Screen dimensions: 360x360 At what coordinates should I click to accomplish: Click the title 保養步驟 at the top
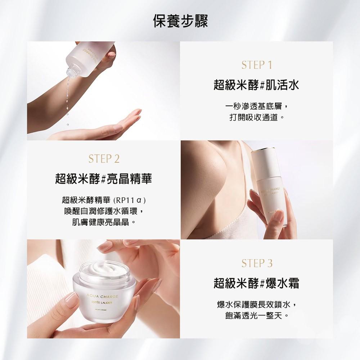[180, 21]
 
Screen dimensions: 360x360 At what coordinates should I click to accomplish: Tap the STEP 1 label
[256, 65]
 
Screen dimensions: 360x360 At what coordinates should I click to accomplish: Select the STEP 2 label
[103, 159]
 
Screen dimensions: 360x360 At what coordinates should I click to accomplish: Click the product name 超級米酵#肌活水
[256, 85]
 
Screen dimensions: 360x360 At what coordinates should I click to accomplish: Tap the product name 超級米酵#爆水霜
[256, 283]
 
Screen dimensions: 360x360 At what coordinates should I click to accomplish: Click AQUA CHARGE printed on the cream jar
[101, 296]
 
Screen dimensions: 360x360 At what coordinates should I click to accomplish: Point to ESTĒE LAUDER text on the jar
[101, 303]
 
